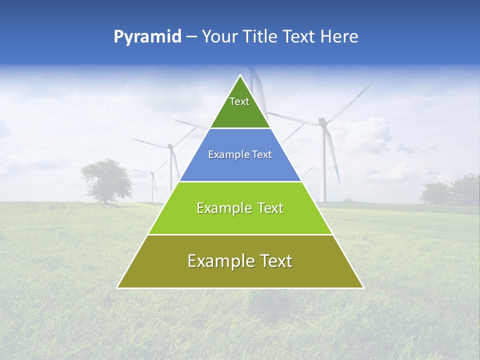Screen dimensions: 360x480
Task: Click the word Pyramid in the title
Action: (x=147, y=37)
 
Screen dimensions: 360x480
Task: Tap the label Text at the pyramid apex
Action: (x=239, y=101)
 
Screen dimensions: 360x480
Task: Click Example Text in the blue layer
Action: (x=240, y=154)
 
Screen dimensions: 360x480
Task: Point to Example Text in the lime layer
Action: (x=240, y=208)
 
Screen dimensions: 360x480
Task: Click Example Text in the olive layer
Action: (x=240, y=261)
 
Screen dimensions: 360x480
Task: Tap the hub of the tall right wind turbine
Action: (x=322, y=121)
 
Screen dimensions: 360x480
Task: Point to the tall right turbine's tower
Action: (x=323, y=165)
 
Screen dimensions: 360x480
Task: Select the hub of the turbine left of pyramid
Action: (x=170, y=146)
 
